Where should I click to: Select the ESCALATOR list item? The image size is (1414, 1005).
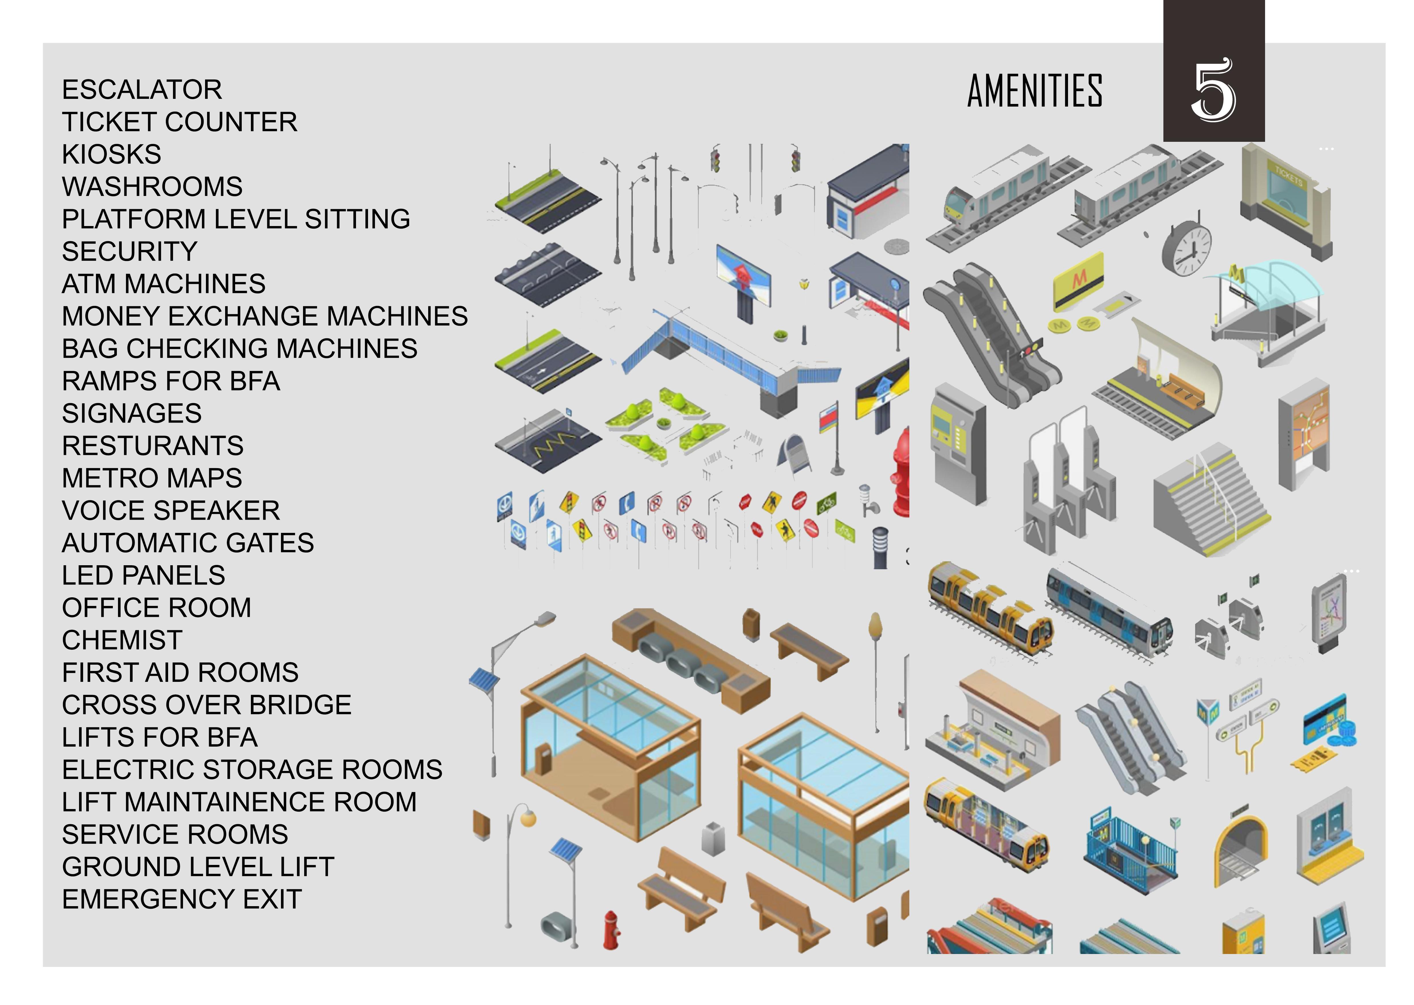[x=142, y=90]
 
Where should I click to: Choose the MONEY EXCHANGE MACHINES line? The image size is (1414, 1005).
[x=265, y=316]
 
